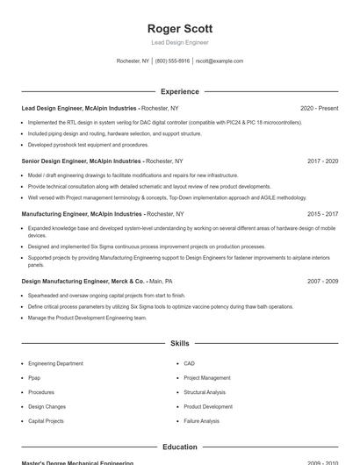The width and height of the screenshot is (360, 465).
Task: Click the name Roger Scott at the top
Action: (180, 29)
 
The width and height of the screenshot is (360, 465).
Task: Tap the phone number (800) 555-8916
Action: (173, 61)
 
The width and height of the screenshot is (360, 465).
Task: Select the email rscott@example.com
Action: (220, 61)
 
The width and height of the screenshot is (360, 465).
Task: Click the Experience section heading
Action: (180, 91)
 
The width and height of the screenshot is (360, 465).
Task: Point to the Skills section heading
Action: (180, 344)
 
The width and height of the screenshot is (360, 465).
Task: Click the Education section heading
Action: (180, 447)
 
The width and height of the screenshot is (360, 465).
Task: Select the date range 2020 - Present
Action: (319, 108)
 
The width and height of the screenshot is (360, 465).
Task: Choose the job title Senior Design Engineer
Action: (54, 161)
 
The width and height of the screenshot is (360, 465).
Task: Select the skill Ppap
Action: (34, 377)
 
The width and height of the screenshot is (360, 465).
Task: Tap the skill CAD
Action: (189, 363)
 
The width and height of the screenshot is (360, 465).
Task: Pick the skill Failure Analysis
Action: (202, 421)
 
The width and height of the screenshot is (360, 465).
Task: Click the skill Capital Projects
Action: (46, 421)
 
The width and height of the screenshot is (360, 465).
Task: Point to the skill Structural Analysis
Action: (205, 392)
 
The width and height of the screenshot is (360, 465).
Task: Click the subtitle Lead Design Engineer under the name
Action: (180, 43)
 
